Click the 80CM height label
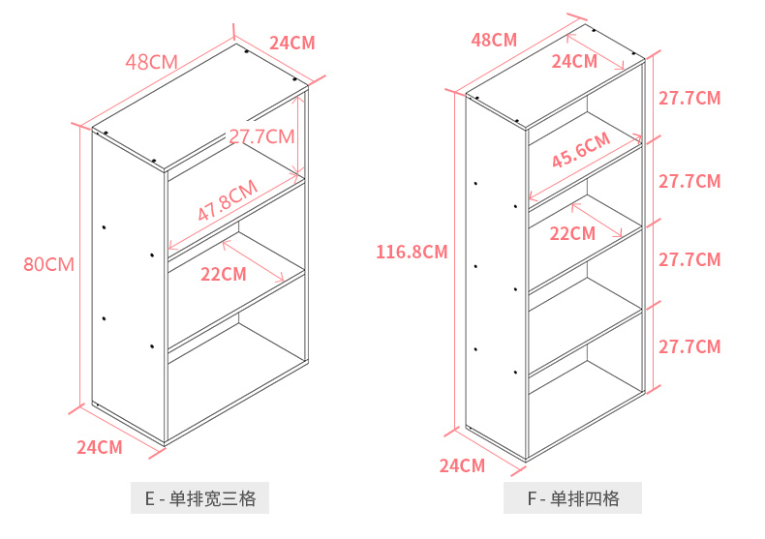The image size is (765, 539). [x=49, y=263]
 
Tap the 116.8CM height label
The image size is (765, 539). [x=412, y=253]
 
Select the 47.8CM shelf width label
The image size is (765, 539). [x=228, y=200]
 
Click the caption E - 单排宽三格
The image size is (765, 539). [x=200, y=499]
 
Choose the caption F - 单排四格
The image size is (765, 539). [x=572, y=499]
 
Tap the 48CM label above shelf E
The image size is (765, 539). [x=151, y=62]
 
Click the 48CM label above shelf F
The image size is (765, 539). [x=494, y=40]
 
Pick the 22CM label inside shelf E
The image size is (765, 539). [x=224, y=274]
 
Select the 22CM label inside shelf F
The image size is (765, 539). [x=572, y=233]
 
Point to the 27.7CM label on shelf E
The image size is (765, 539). [x=261, y=136]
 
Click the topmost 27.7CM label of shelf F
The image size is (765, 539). [x=689, y=98]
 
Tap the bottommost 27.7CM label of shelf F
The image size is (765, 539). [x=689, y=346]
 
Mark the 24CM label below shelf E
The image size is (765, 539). [x=100, y=447]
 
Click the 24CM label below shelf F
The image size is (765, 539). [x=462, y=465]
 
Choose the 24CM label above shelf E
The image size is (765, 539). [x=291, y=43]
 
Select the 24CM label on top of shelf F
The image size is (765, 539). [x=574, y=61]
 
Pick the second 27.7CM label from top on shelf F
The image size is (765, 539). [x=689, y=181]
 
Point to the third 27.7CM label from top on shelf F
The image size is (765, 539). [x=689, y=259]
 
